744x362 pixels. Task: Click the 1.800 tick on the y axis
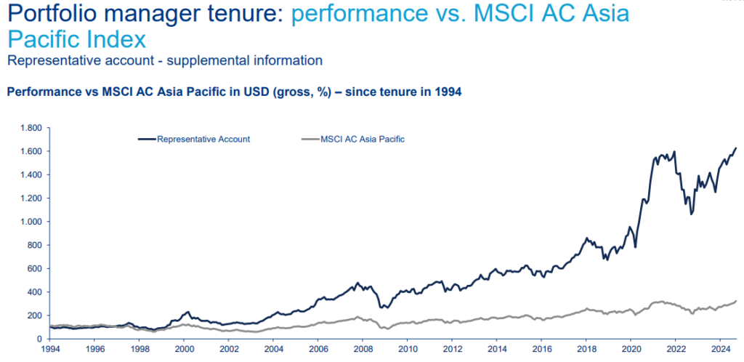[x=31, y=128]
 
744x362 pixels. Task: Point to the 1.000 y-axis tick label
[x=31, y=222]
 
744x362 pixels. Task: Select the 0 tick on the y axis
[x=41, y=339]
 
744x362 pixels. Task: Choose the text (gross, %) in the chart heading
[x=287, y=92]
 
